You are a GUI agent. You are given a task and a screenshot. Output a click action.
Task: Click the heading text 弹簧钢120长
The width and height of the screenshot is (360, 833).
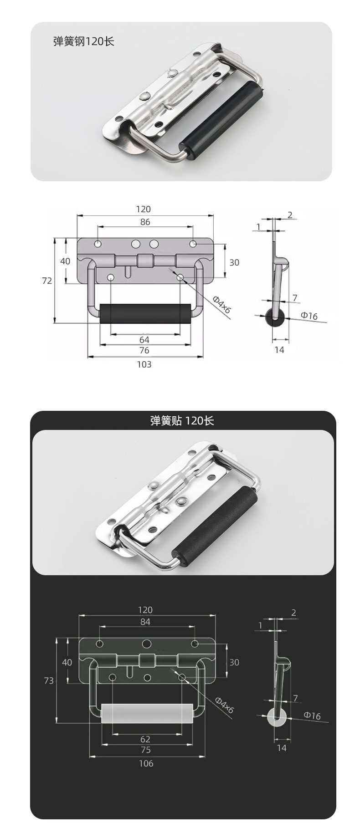click(x=84, y=42)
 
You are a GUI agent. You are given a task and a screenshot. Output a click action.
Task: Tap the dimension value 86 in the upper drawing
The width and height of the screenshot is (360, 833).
click(x=145, y=222)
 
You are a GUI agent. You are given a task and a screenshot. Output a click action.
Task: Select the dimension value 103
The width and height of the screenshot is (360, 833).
click(x=144, y=364)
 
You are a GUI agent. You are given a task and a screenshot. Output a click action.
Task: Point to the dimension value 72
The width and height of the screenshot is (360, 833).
click(x=47, y=281)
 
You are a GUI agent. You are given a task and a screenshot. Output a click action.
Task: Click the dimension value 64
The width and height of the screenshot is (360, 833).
click(x=144, y=340)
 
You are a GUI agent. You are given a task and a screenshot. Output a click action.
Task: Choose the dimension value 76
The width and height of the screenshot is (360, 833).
click(x=144, y=350)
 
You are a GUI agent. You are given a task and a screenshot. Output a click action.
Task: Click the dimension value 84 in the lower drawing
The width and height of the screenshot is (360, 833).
click(x=145, y=622)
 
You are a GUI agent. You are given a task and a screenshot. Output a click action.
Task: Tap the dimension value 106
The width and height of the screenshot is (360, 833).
click(x=146, y=763)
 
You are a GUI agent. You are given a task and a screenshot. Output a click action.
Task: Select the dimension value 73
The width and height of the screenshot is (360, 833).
click(x=49, y=680)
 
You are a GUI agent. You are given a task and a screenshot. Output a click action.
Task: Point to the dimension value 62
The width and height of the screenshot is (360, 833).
click(x=145, y=739)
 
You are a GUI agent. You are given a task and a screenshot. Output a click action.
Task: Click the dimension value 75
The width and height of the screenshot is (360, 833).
click(x=146, y=750)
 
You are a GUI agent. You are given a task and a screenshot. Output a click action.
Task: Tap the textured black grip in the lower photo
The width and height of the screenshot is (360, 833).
click(x=214, y=520)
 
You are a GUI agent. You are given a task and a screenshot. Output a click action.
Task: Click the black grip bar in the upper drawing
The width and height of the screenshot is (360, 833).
click(x=145, y=313)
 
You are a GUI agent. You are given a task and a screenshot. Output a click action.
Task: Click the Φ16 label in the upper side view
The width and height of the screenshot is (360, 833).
click(x=309, y=316)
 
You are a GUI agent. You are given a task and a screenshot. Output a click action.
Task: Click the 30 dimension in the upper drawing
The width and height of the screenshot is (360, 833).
click(x=234, y=262)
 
